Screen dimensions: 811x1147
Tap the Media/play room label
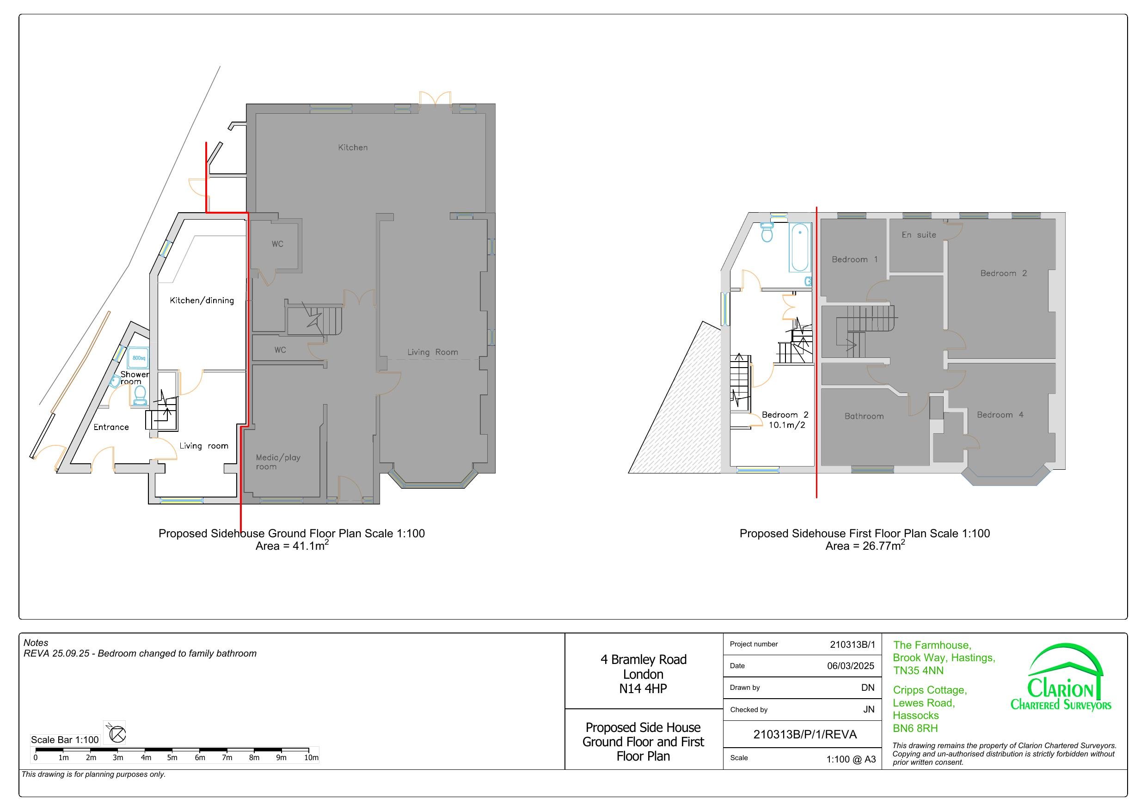pos(278,462)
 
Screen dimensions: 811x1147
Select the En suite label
pos(919,235)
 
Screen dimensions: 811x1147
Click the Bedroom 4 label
pos(1000,415)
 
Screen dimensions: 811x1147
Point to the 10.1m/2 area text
pos(786,425)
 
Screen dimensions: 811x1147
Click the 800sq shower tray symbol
pos(138,358)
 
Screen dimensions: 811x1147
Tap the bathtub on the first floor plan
pos(800,248)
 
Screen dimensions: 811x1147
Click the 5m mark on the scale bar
pos(172,757)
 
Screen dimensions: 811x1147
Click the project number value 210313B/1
pos(852,645)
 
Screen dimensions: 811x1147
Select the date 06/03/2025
pos(850,666)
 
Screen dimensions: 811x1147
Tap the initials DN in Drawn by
pos(867,688)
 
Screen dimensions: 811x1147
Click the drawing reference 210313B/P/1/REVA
pos(804,734)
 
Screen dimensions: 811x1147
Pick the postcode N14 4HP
pos(643,688)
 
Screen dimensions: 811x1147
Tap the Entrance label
pos(111,427)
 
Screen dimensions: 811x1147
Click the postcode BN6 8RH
pos(915,728)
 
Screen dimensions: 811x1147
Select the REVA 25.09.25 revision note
pos(140,654)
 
